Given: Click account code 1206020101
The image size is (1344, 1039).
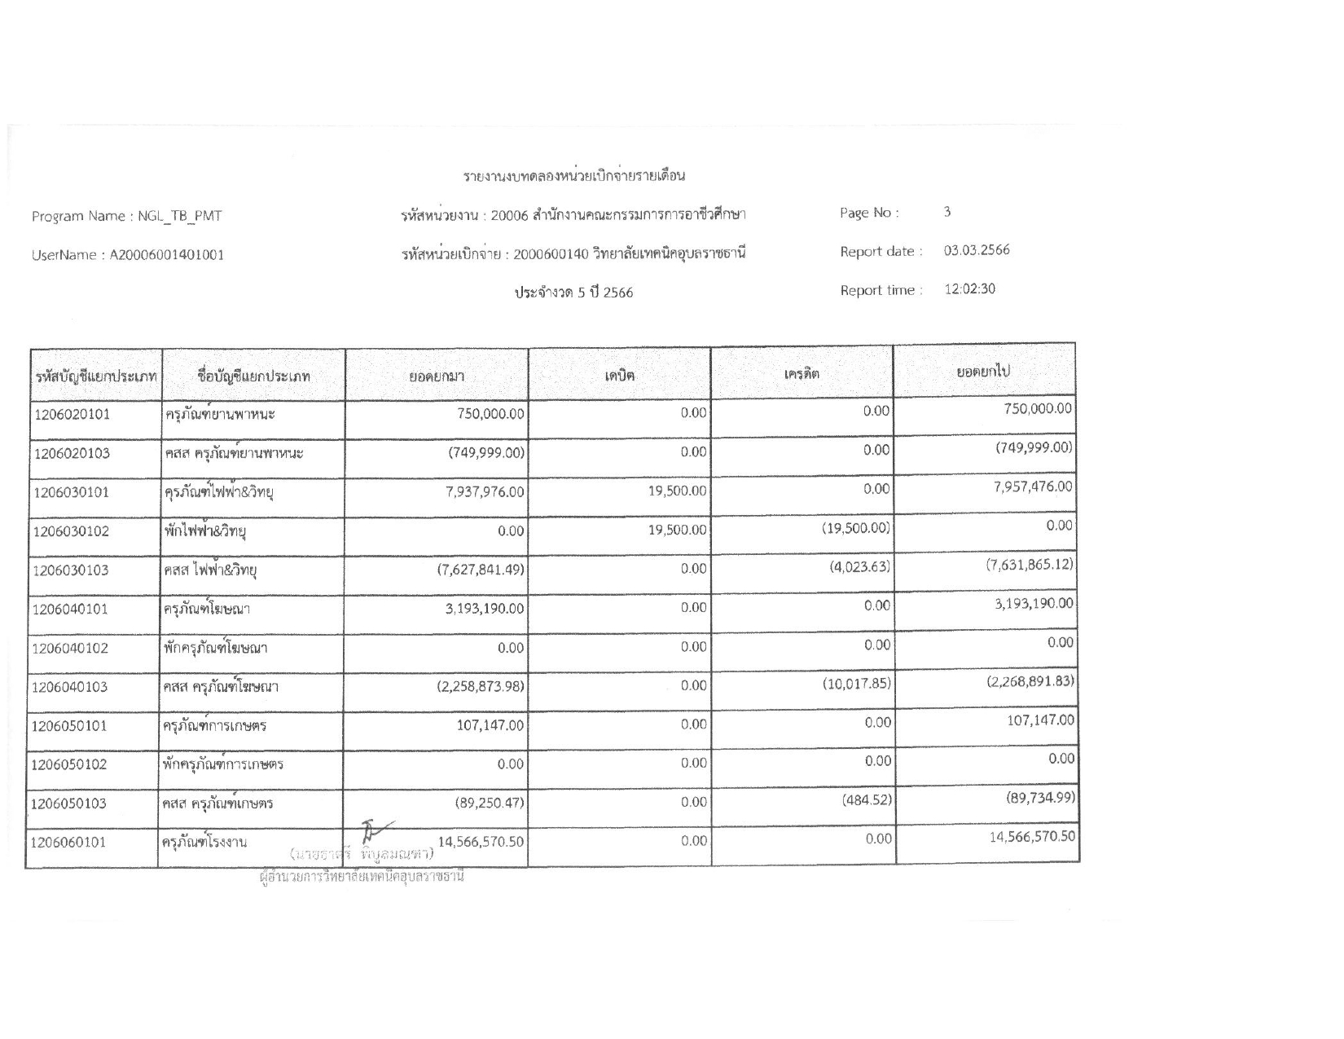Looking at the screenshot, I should point(72,415).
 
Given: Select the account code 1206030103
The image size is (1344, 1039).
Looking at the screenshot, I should point(72,570).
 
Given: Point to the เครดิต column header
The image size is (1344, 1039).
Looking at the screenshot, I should point(802,374).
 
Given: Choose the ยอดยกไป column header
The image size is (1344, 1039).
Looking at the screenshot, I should point(983,372).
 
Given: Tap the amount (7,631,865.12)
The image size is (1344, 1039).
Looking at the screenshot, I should point(1030,565).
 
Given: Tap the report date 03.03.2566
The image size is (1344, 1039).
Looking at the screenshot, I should point(977,250).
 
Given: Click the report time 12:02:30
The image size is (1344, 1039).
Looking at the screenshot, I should point(969,289).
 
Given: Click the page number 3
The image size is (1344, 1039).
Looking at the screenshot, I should point(947,212).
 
